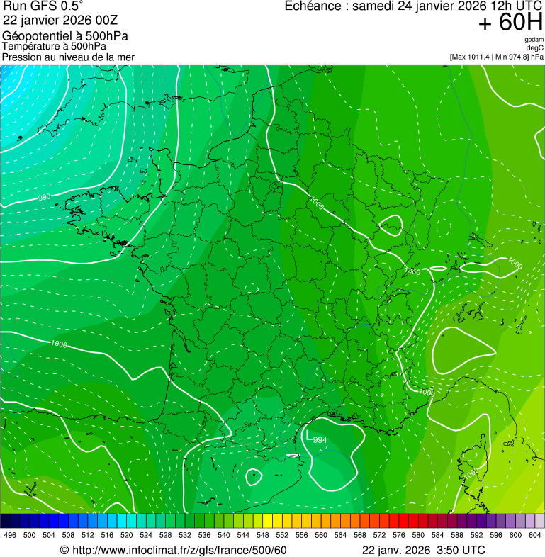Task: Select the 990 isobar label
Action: (44, 197)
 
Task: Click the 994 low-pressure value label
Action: (320, 440)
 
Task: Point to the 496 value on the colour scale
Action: (10, 536)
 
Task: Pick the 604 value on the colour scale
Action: (534, 536)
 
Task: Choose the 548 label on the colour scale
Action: (262, 536)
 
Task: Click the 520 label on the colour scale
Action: (126, 536)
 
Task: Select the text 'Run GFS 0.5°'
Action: (43, 6)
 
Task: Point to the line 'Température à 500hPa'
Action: (54, 46)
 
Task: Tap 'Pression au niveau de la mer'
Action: (68, 57)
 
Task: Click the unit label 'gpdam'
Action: (534, 40)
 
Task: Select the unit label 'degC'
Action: (535, 47)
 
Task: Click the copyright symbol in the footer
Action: (64, 551)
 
